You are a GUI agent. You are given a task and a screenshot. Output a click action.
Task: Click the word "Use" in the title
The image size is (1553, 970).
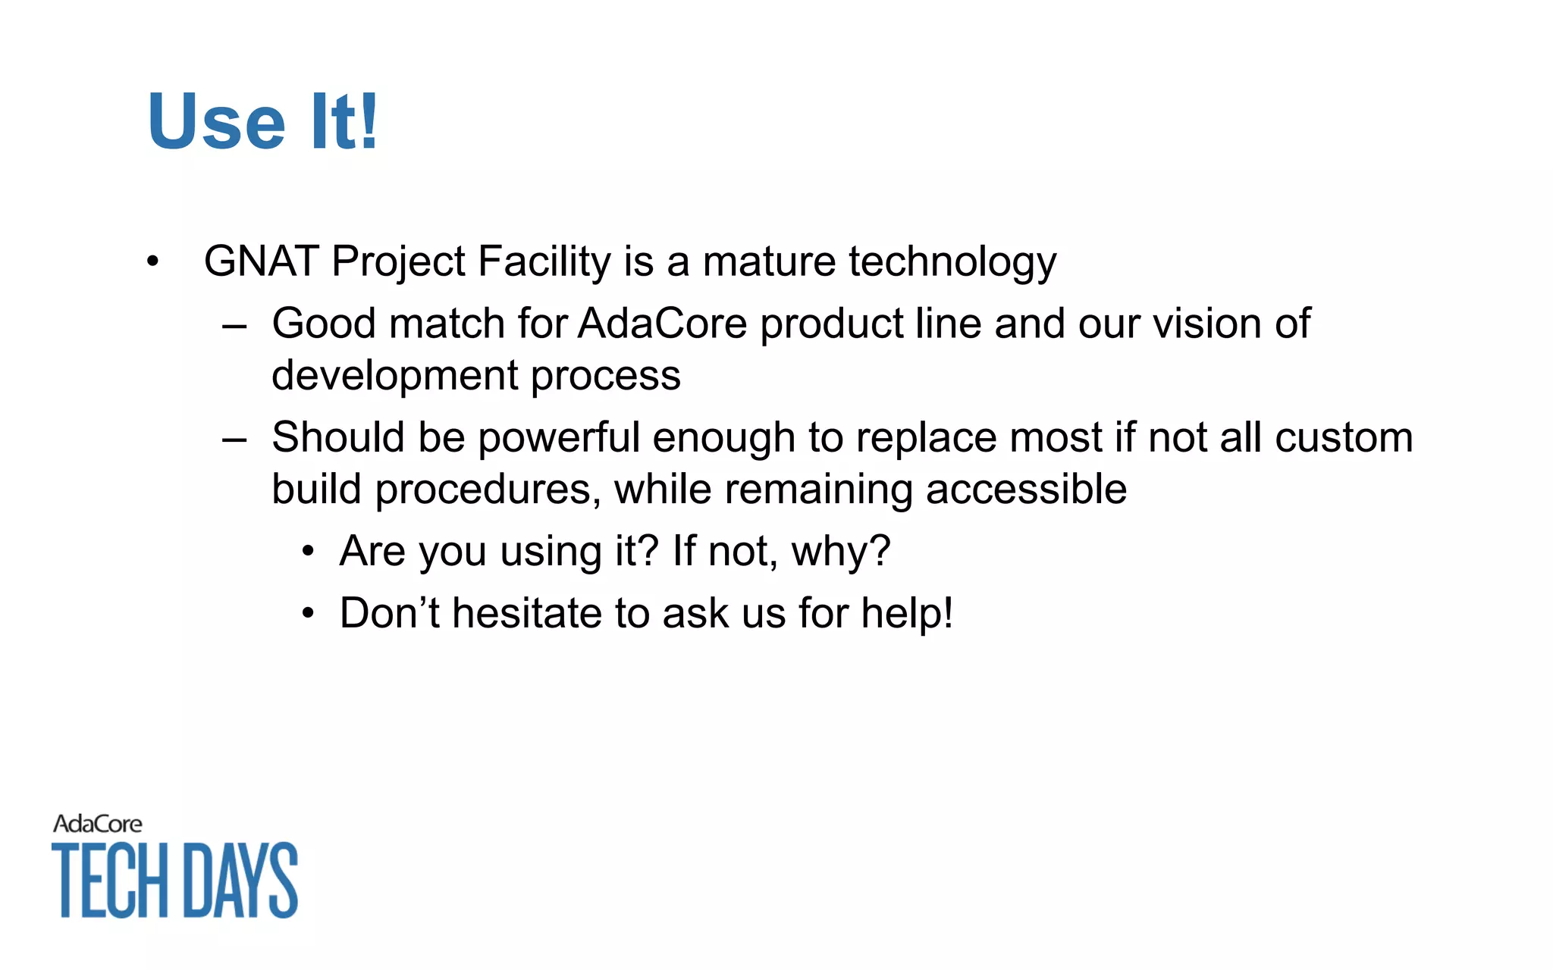point(217,121)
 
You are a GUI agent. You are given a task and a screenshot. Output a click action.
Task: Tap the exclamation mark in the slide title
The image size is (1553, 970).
point(369,121)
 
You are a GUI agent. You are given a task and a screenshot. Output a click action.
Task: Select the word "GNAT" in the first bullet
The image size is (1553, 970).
point(261,261)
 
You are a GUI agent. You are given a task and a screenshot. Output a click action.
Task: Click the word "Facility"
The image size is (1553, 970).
point(544,261)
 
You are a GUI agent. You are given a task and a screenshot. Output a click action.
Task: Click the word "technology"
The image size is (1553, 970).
point(952,263)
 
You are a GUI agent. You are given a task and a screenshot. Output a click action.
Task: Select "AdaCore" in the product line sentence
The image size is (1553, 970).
point(663,324)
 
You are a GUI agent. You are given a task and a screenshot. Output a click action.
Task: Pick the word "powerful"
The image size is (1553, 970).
point(559,438)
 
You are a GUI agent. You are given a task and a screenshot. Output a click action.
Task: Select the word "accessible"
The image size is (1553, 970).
point(1026,489)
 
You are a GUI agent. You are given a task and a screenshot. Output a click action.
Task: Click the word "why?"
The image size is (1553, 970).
point(841,552)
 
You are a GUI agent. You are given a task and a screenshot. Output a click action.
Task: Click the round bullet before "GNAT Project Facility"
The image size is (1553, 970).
point(153,262)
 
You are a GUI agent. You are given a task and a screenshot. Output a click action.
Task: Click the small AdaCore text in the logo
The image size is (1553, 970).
point(98,824)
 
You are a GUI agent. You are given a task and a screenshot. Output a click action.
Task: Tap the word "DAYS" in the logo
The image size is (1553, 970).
point(241,880)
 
